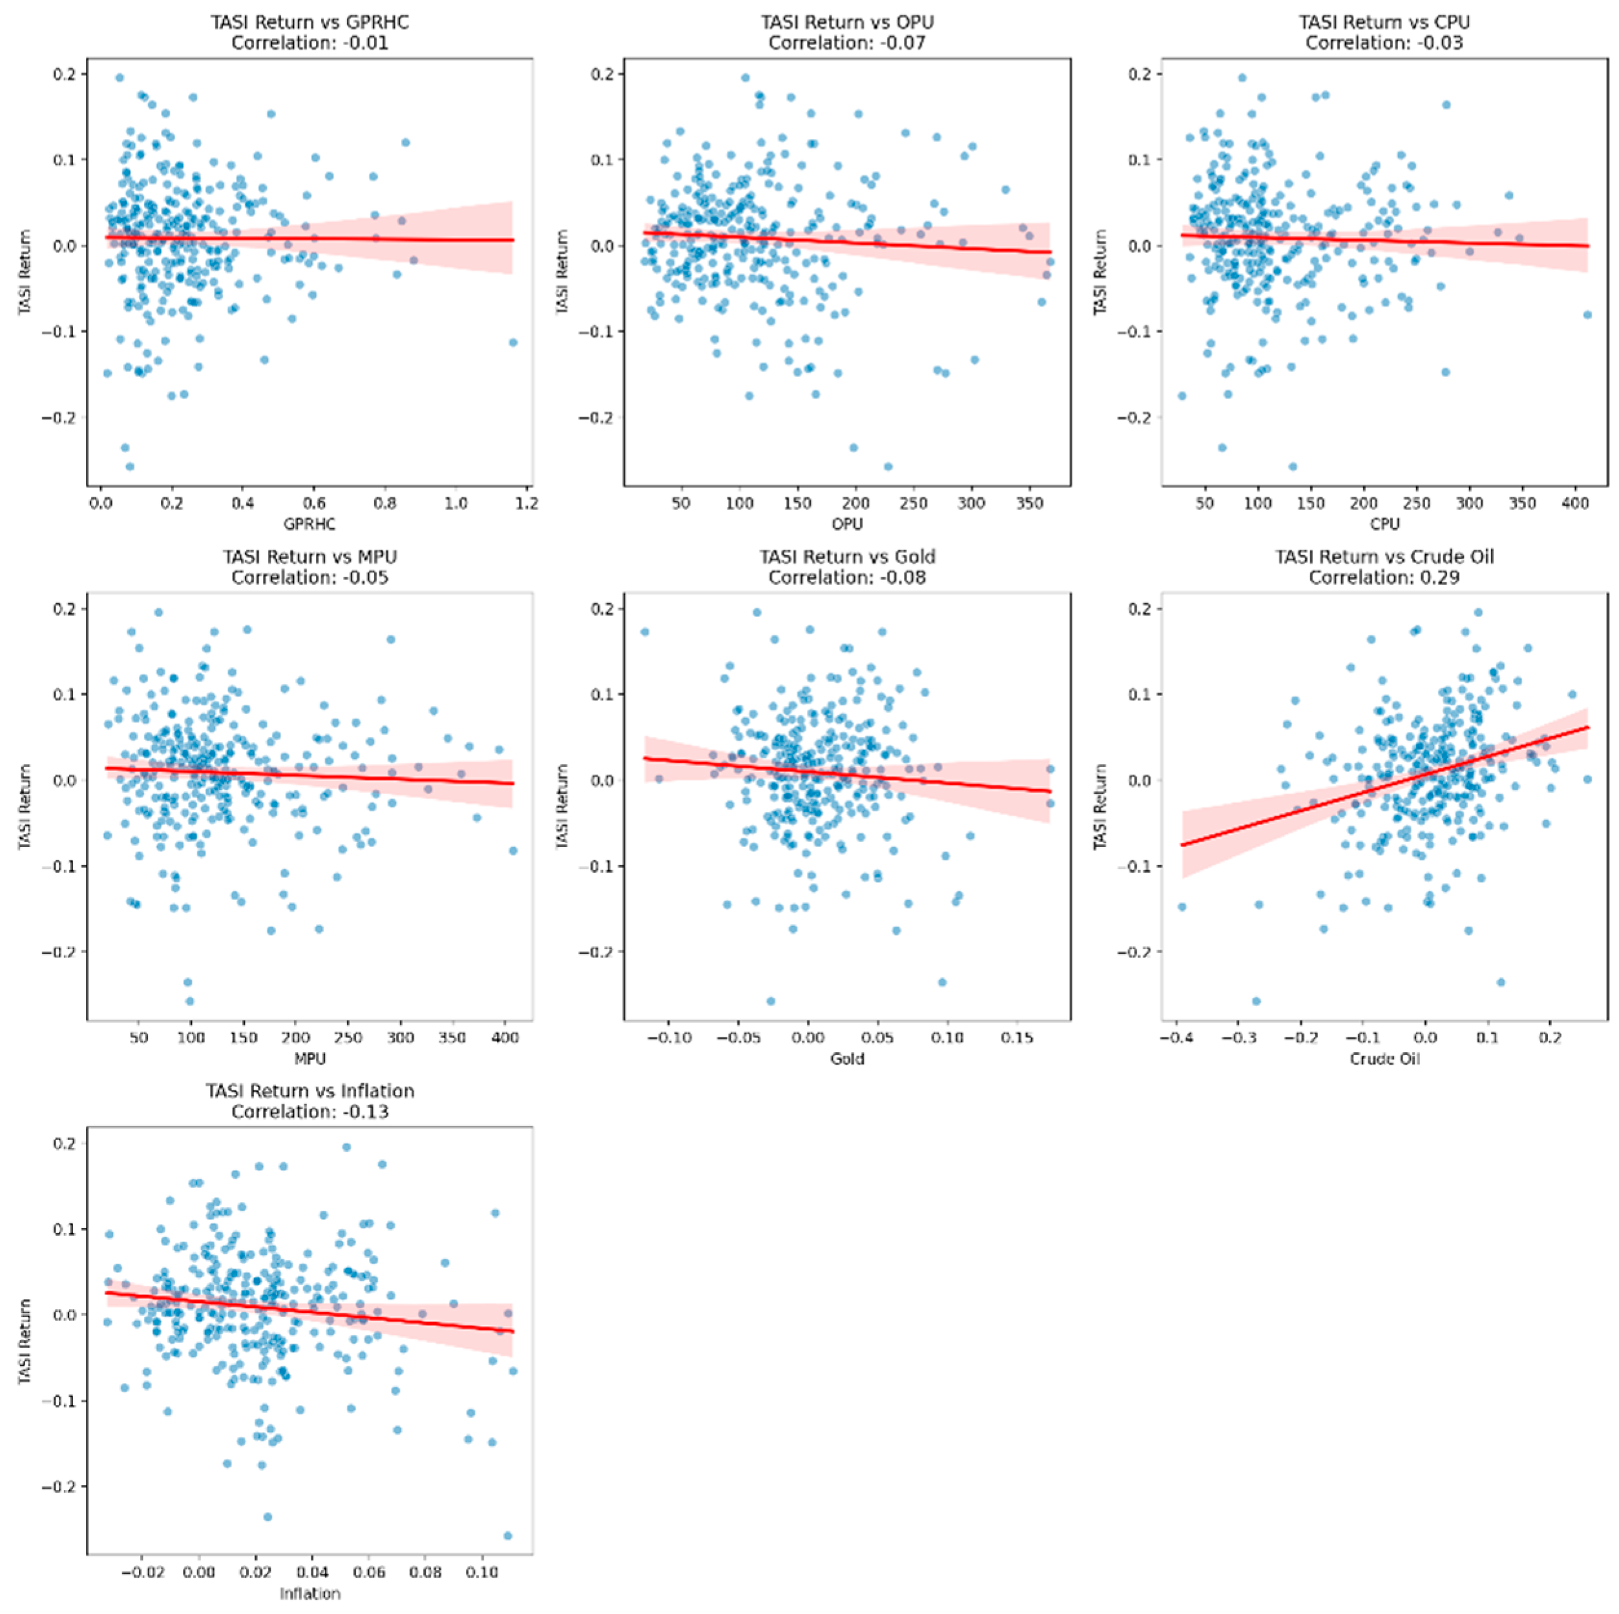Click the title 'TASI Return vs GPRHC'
(x=309, y=22)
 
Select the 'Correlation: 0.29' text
(x=1384, y=577)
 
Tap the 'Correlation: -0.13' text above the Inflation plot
(x=309, y=1112)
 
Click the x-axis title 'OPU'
(x=846, y=524)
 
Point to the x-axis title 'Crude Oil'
(x=1384, y=1059)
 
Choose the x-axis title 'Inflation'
(x=309, y=1593)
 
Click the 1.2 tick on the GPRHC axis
(x=527, y=504)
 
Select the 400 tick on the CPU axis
(x=1576, y=504)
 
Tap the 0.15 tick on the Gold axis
(x=1018, y=1037)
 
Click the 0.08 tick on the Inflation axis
(x=425, y=1572)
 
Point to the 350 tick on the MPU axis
(x=452, y=1037)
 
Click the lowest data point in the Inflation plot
(x=507, y=1536)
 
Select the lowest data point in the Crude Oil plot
(x=1256, y=1001)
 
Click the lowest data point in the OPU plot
(x=888, y=467)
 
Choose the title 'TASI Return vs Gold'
(x=846, y=556)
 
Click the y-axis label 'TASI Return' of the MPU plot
(x=25, y=806)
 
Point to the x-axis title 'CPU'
(x=1384, y=524)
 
